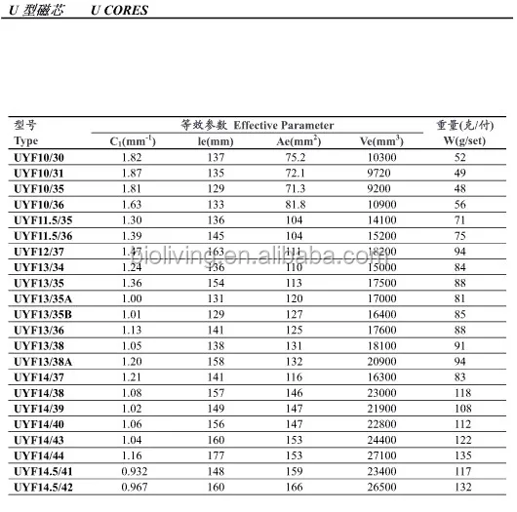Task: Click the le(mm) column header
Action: pyautogui.click(x=216, y=141)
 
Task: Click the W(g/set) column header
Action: pyautogui.click(x=464, y=141)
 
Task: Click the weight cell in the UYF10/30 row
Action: pyautogui.click(x=464, y=157)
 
